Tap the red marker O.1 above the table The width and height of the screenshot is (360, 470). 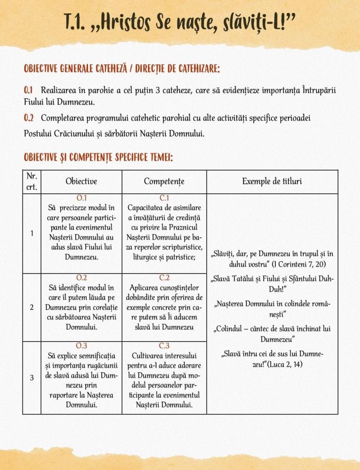(x=29, y=90)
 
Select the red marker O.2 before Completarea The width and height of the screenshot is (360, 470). (x=29, y=118)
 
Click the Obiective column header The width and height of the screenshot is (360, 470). (x=81, y=181)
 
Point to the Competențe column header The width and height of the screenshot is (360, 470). (x=164, y=181)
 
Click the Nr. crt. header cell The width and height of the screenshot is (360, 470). (x=32, y=181)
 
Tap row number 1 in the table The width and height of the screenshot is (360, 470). (x=32, y=233)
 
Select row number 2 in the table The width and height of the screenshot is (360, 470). (x=32, y=307)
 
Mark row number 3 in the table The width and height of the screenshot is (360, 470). (x=32, y=378)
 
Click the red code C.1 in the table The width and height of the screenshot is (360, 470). (x=164, y=198)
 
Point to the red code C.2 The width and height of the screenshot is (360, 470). (x=164, y=278)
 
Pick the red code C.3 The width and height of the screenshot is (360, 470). (x=164, y=346)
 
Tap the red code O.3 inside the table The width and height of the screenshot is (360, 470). (x=81, y=346)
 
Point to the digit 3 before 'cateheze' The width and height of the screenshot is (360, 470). (x=158, y=90)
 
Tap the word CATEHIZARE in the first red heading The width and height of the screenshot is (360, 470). (x=194, y=69)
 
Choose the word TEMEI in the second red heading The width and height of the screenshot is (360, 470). (x=161, y=157)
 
